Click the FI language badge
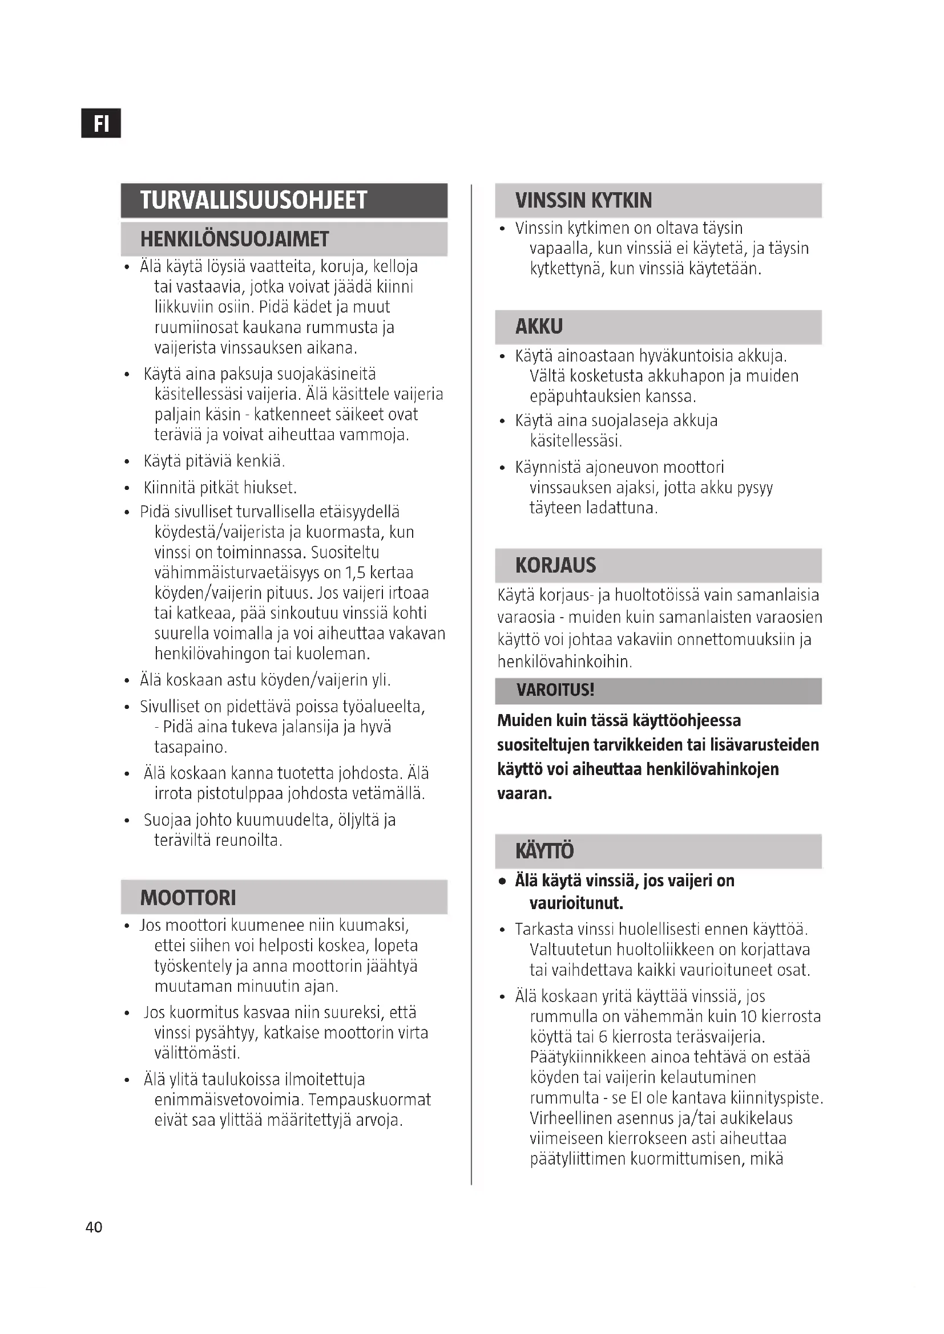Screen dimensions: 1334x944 coord(101,123)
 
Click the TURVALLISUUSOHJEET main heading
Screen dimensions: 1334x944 coord(253,200)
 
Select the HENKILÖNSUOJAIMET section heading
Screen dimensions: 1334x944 coord(234,239)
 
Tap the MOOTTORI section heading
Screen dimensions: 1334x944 coord(188,898)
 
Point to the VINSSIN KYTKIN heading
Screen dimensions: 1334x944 coord(583,200)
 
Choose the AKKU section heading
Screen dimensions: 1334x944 coord(539,327)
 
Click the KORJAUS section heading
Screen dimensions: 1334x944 coord(555,565)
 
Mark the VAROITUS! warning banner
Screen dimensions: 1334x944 coord(555,690)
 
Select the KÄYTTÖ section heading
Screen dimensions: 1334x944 coord(544,851)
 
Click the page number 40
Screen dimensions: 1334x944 coord(94,1227)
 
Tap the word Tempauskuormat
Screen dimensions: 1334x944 coord(370,1100)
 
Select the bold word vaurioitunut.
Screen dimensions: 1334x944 coord(576,903)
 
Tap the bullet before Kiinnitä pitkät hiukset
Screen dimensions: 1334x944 coord(127,488)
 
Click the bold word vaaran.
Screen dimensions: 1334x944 coord(525,794)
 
